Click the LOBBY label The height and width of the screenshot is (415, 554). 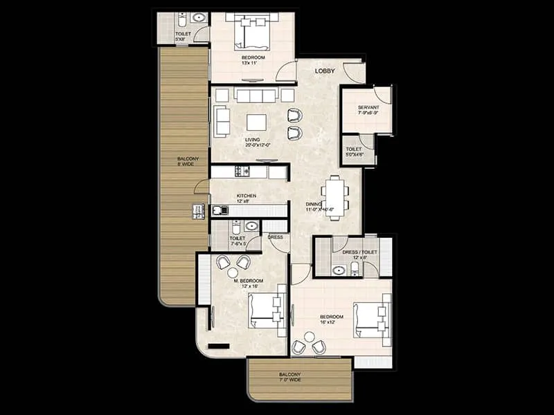pyautogui.click(x=325, y=71)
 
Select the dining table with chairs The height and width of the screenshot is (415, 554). pyautogui.click(x=334, y=197)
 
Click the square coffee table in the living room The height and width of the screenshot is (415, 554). pyautogui.click(x=256, y=122)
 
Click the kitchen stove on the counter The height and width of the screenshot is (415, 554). pyautogui.click(x=242, y=171)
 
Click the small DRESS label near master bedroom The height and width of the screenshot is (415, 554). pyautogui.click(x=275, y=237)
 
